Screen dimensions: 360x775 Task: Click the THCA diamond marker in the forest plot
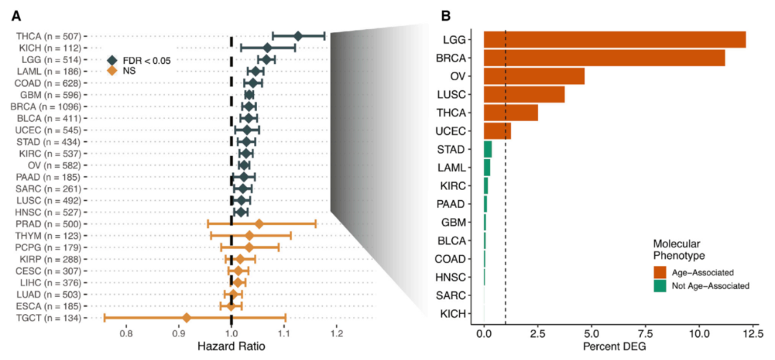pyautogui.click(x=298, y=36)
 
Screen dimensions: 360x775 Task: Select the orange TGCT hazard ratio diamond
pyautogui.click(x=187, y=318)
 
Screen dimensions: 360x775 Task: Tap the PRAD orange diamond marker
pyautogui.click(x=259, y=224)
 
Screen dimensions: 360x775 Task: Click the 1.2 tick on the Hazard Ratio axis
pyautogui.click(x=337, y=333)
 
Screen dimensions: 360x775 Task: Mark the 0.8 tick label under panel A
pyautogui.click(x=126, y=333)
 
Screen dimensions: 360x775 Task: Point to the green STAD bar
pyautogui.click(x=488, y=149)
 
